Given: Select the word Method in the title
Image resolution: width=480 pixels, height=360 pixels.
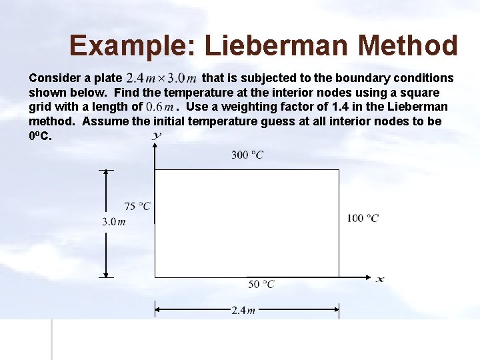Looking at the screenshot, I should [408, 46].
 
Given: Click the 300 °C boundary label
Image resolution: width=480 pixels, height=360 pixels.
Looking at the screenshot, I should [247, 155].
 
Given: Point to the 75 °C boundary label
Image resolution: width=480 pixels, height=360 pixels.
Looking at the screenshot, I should [137, 207].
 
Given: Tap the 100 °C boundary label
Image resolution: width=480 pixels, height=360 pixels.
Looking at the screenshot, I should [363, 218].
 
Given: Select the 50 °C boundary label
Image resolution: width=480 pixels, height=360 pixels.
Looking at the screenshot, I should [261, 284].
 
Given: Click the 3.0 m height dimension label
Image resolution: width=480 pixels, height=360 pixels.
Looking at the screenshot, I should [113, 222].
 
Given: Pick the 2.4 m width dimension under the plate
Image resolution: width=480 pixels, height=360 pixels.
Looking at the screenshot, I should [243, 311].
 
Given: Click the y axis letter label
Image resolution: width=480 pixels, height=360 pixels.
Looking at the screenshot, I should [157, 136].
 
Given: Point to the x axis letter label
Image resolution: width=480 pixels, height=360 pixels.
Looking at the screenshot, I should [379, 279].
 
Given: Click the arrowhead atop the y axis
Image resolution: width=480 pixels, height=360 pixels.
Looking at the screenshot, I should [155, 145].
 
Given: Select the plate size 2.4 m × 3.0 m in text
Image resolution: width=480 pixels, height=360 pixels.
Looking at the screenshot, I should [161, 78].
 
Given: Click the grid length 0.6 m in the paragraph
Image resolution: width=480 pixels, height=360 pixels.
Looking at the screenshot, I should [160, 107].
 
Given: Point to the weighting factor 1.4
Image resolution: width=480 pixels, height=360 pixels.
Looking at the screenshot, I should [341, 107].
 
